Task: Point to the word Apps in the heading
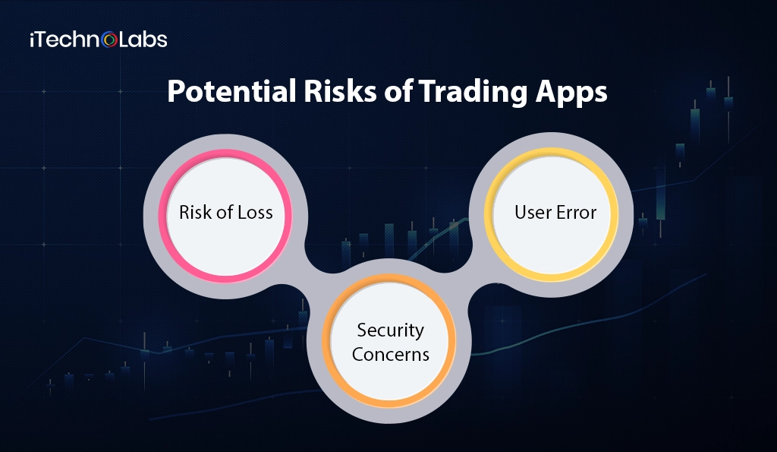572,93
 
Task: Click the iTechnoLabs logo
98,40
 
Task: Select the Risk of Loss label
225,213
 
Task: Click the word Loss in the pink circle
253,213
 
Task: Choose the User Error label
555,213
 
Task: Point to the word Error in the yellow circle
576,213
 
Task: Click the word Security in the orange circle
390,330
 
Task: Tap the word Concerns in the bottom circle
390,354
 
